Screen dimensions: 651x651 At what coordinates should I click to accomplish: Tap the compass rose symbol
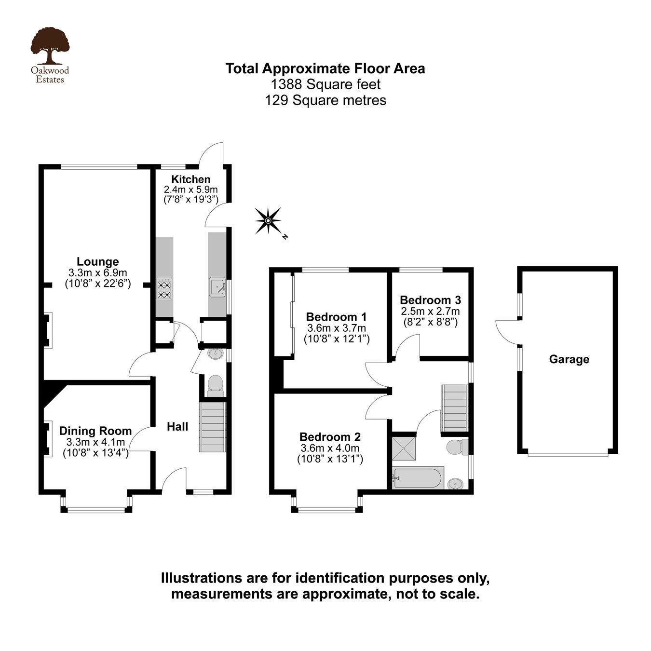[268, 221]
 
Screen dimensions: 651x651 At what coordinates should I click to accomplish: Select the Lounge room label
[98, 261]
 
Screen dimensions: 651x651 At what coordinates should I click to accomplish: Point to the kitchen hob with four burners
[164, 289]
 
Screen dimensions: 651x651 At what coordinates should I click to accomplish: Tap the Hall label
[177, 426]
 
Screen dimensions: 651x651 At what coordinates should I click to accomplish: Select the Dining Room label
[95, 431]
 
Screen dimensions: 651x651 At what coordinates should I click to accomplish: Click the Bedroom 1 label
[336, 317]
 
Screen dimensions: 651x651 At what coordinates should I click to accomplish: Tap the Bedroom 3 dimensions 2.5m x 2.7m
[430, 311]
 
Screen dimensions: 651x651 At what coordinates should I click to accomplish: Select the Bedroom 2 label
[330, 437]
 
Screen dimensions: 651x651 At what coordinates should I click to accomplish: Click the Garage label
[569, 359]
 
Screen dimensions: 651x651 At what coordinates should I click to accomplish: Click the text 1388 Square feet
[325, 84]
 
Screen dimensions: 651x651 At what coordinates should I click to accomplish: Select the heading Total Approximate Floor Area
[325, 68]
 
